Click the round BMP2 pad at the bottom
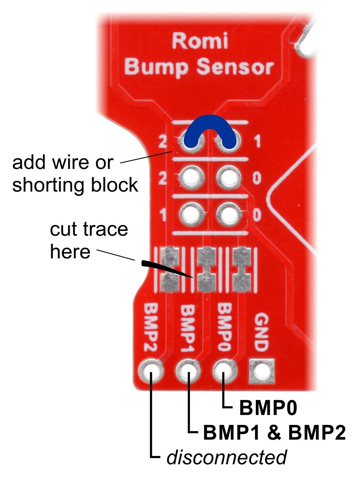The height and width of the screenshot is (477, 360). pos(151,371)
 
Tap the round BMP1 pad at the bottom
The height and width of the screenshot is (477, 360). pos(188,371)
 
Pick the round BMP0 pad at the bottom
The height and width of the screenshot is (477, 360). pos(225,371)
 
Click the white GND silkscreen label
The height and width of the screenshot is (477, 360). pos(262,332)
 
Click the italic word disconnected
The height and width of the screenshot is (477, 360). pos(226,457)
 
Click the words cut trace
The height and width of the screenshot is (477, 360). pos(89,229)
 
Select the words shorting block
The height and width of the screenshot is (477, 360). pos(75,185)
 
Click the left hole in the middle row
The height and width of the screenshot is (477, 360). pos(191,177)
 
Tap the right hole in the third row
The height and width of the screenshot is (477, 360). pos(229,214)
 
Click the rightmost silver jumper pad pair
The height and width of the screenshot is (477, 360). pos(242,269)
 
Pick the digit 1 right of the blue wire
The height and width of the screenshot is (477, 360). pos(257,142)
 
